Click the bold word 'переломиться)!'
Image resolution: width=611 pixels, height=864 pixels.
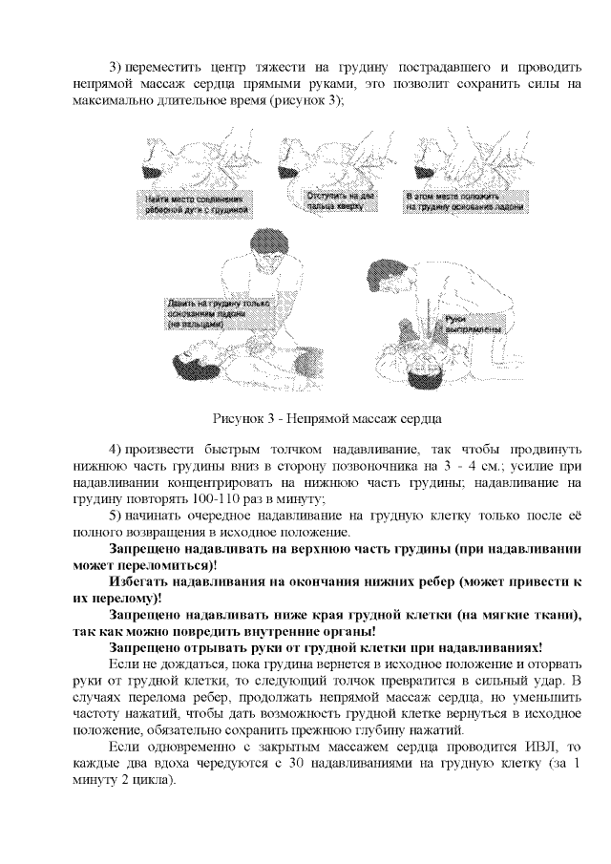144,566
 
